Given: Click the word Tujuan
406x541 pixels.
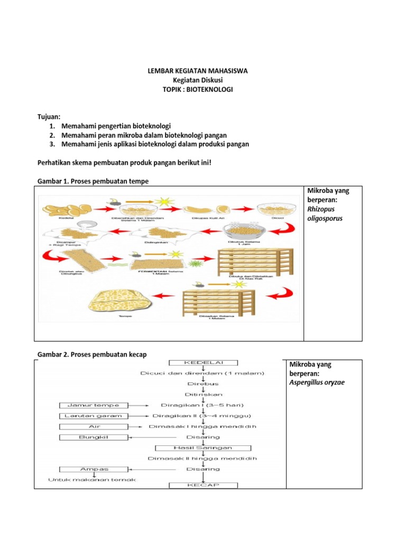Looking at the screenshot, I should point(49,116).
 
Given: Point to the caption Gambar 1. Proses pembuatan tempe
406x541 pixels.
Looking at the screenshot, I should point(93,181).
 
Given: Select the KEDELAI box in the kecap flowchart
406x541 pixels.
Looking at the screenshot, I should point(203,363).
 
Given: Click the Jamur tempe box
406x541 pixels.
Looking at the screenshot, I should point(93,405).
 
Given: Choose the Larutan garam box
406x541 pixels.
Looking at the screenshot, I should point(93,416).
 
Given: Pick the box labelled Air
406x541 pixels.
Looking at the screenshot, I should point(93,426).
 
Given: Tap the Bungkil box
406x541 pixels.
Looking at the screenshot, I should point(93,437).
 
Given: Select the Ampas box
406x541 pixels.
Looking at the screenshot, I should point(93,469).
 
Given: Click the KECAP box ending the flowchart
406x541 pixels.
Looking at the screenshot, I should point(203,485).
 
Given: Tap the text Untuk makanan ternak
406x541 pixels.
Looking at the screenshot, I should point(93,480).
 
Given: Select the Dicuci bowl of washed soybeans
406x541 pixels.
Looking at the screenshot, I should point(272,210).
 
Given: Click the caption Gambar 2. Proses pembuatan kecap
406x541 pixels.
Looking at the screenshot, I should point(92,353).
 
